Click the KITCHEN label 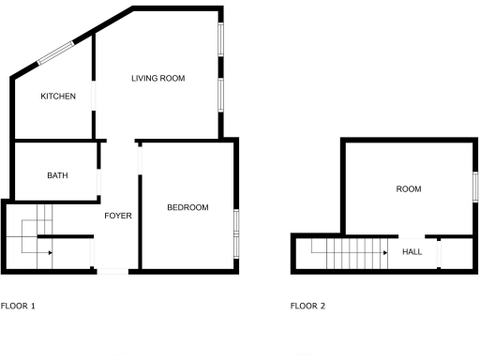tap(58, 97)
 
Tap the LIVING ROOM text tap(157, 79)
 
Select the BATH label tap(58, 175)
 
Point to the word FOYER tap(118, 216)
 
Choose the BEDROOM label tap(187, 207)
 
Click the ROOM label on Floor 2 tap(409, 189)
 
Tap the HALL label tap(412, 251)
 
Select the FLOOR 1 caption tap(19, 306)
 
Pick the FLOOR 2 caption tap(308, 306)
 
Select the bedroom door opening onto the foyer tap(140, 159)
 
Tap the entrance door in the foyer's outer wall tap(112, 271)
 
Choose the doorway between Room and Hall tap(412, 236)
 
